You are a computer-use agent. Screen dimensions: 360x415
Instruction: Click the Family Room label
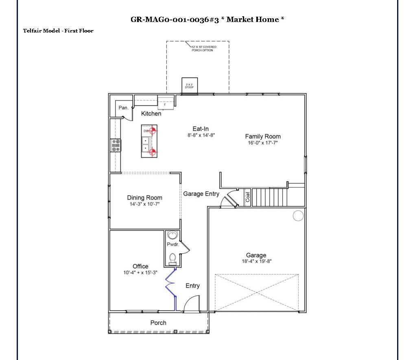point(262,136)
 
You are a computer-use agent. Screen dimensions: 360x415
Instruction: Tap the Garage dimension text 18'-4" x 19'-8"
point(256,262)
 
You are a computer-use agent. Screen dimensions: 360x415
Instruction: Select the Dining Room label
point(144,198)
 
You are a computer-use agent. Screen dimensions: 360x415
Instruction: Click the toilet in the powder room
point(173,258)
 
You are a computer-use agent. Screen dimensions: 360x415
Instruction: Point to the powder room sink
point(173,236)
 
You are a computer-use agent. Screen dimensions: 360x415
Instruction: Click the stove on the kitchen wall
point(116,145)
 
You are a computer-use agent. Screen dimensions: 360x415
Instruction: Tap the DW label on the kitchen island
point(145,131)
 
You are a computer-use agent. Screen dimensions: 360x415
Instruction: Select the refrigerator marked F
point(165,103)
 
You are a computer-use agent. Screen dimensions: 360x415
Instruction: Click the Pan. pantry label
point(124,108)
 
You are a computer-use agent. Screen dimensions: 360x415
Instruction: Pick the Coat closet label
point(247,197)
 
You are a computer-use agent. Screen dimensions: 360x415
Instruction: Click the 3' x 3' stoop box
point(190,85)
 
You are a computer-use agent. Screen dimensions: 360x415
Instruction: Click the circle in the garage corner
point(298,215)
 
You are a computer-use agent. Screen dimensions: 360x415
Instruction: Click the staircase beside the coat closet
point(270,197)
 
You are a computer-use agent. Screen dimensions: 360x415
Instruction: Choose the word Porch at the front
point(158,323)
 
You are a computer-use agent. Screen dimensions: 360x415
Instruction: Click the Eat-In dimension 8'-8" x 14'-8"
point(201,135)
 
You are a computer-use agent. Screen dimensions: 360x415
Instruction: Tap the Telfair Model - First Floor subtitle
point(58,31)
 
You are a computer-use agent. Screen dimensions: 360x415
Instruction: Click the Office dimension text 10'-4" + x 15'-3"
point(141,273)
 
